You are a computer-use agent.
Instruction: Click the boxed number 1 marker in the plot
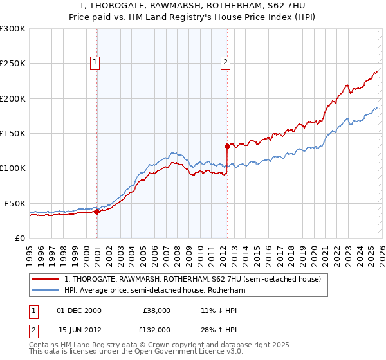coord(95,62)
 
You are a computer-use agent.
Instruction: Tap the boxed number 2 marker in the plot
coord(226,62)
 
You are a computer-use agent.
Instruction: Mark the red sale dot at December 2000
coord(96,212)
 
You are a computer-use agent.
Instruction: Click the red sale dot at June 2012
coord(227,146)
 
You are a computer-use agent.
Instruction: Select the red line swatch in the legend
coord(45,279)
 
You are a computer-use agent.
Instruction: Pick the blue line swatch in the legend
coord(45,290)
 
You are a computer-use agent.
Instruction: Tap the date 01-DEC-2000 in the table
coord(79,310)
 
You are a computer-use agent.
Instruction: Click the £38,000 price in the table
coord(156,310)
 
